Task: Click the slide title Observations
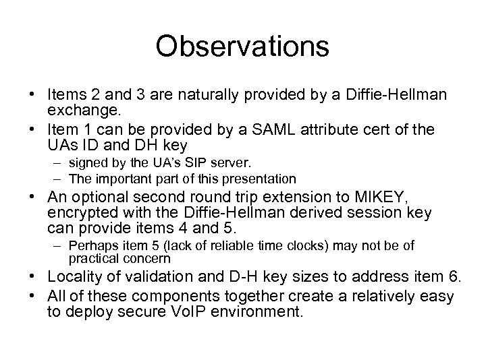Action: [x=242, y=47]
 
